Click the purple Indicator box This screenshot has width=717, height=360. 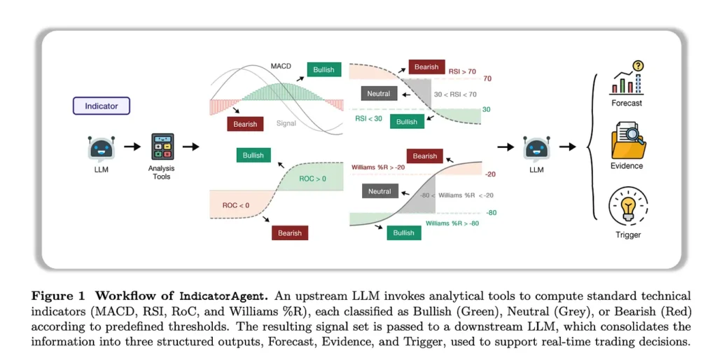point(102,106)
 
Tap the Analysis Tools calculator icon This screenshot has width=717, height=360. point(162,146)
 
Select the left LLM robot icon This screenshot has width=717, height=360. point(101,148)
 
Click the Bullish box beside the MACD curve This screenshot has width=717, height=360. point(323,69)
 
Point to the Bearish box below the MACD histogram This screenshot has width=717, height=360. point(244,124)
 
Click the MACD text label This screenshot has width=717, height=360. point(281,67)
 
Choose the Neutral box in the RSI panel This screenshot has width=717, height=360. point(379,93)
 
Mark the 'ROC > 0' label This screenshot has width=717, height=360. point(313,179)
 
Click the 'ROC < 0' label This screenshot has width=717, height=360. point(236,205)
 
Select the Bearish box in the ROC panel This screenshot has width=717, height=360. point(290,233)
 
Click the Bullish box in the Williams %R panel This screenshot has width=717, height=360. point(403,233)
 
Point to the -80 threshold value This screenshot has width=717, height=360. point(490,212)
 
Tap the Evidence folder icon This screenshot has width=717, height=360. point(627,140)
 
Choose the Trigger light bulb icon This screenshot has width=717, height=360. point(627,206)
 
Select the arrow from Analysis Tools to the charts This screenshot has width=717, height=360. point(190,146)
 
